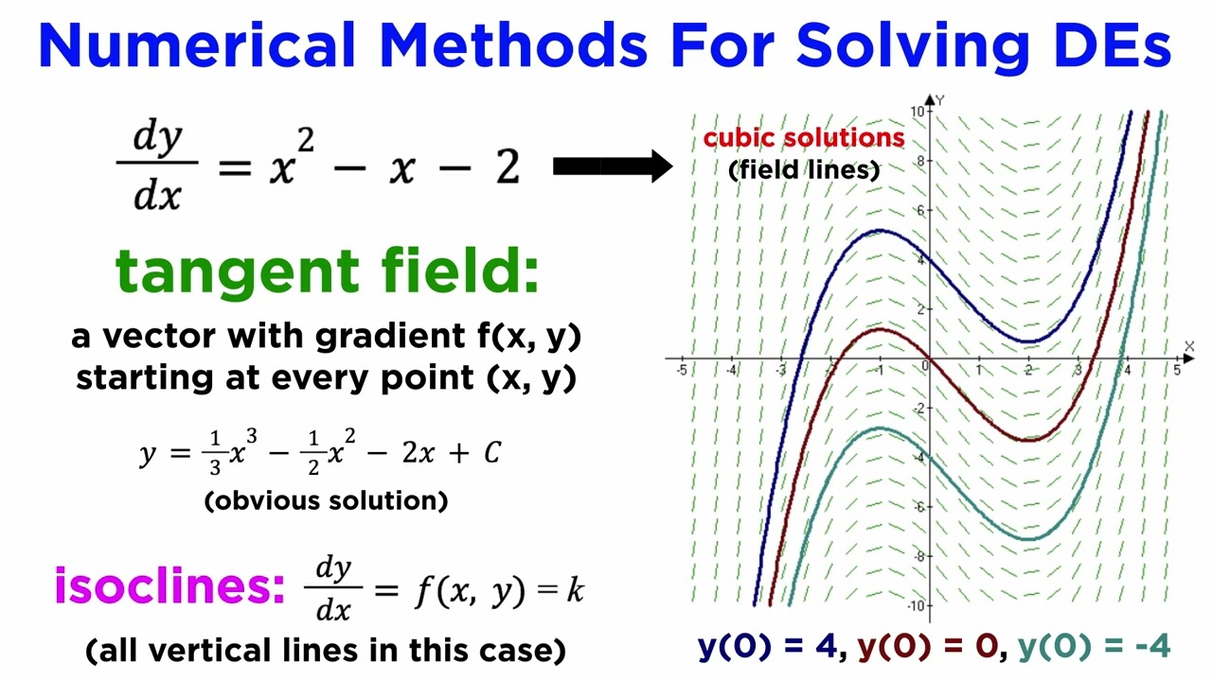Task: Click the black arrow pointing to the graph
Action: pos(612,167)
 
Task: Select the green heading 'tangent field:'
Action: pos(327,272)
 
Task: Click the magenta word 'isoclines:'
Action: pos(169,586)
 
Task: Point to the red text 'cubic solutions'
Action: pos(803,138)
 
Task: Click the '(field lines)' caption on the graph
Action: pos(804,170)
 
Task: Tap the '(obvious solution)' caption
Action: pos(326,500)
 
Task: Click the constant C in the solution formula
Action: pos(491,453)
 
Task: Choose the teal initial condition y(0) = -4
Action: pos(1094,647)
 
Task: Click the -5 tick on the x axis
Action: pos(682,370)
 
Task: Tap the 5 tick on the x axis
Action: pos(1177,370)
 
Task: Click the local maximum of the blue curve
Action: pos(881,231)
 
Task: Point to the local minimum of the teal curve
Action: pos(1028,539)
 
